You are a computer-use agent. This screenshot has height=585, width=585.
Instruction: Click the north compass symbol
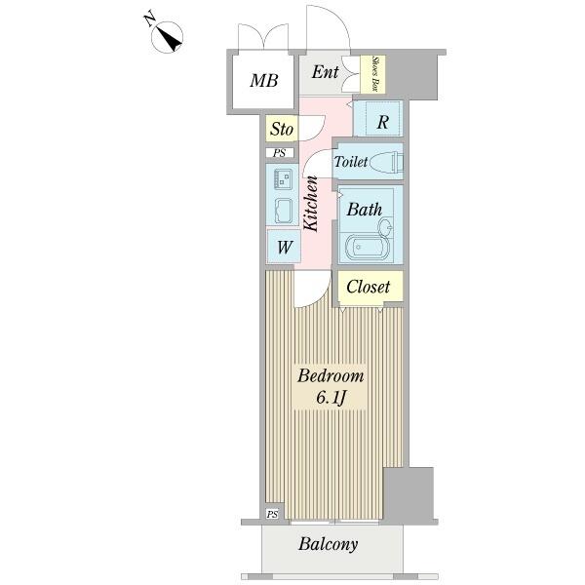[167, 37]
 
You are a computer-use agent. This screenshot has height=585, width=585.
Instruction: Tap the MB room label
[264, 81]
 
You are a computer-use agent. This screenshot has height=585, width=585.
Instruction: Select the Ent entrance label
[325, 72]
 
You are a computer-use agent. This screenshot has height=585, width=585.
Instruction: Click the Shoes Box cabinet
[373, 74]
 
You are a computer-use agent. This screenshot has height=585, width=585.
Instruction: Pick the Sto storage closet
[282, 129]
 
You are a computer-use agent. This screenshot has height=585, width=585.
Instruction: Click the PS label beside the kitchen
[280, 153]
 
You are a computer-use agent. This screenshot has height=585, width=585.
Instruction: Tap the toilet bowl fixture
[386, 163]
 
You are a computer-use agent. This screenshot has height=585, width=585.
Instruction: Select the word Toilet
[351, 162]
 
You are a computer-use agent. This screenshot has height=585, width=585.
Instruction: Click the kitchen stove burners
[283, 178]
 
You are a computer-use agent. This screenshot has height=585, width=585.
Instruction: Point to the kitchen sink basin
[283, 210]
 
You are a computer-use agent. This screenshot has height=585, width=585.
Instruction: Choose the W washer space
[284, 247]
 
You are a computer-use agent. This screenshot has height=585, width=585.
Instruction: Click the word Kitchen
[311, 204]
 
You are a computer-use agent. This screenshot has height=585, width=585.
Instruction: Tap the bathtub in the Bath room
[368, 248]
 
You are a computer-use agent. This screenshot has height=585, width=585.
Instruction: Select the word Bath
[365, 210]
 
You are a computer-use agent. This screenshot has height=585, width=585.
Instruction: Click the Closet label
[368, 287]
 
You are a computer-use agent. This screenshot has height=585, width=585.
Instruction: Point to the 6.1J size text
[330, 398]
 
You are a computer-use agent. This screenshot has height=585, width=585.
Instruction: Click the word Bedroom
[331, 375]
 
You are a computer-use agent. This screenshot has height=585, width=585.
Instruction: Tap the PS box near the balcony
[272, 514]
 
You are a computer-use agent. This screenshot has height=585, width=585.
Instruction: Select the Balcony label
[328, 544]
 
